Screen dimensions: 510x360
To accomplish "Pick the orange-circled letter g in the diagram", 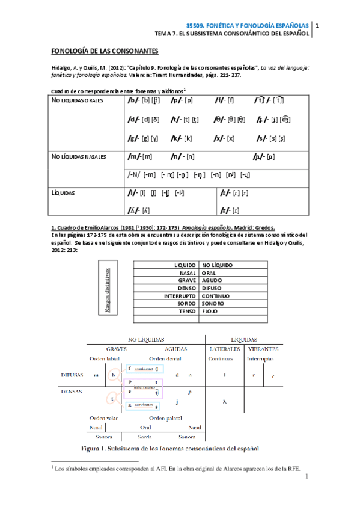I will pos(111,398).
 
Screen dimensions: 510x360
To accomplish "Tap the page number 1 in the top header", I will pos(317,26).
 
